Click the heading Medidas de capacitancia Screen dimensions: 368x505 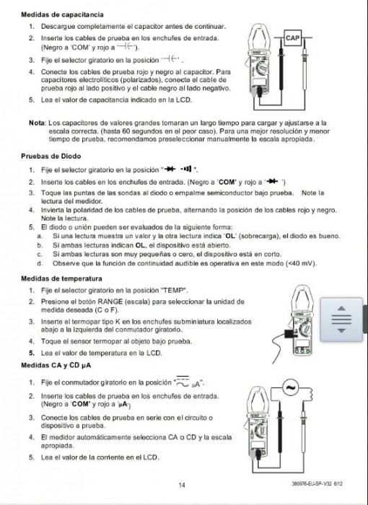(x=62, y=14)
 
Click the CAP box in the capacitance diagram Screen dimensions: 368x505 (x=292, y=38)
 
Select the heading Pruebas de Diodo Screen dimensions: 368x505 (x=51, y=157)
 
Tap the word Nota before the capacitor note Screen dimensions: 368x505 (x=38, y=123)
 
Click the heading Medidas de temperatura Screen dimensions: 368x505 (x=61, y=278)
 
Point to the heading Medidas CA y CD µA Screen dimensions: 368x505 (x=56, y=365)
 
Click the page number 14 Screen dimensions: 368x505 (x=182, y=485)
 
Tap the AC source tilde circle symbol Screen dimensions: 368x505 (x=291, y=387)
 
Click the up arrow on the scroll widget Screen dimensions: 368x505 (x=341, y=309)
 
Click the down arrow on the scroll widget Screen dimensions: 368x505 (x=341, y=330)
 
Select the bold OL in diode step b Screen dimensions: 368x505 (x=140, y=245)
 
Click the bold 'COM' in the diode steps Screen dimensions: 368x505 (x=227, y=183)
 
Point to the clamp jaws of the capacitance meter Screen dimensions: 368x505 (x=260, y=37)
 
